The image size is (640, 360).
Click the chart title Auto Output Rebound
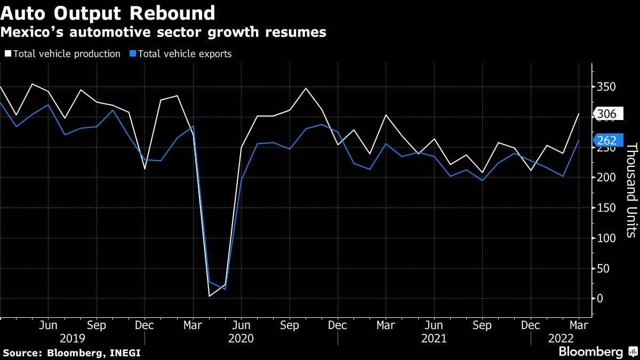pyautogui.click(x=108, y=12)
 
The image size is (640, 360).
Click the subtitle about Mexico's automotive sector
pyautogui.click(x=163, y=33)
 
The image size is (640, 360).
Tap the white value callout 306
pyautogui.click(x=606, y=114)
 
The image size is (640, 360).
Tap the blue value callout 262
pyautogui.click(x=606, y=140)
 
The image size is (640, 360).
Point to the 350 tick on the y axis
pyautogui.click(x=606, y=87)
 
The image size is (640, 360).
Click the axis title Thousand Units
pyautogui.click(x=631, y=189)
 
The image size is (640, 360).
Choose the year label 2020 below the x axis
pyautogui.click(x=241, y=338)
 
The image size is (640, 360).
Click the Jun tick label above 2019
pyautogui.click(x=49, y=324)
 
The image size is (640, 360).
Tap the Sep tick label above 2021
pyautogui.click(x=483, y=324)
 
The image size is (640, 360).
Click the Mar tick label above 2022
pyautogui.click(x=579, y=324)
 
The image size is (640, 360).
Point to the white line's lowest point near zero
pyautogui.click(x=209, y=296)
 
